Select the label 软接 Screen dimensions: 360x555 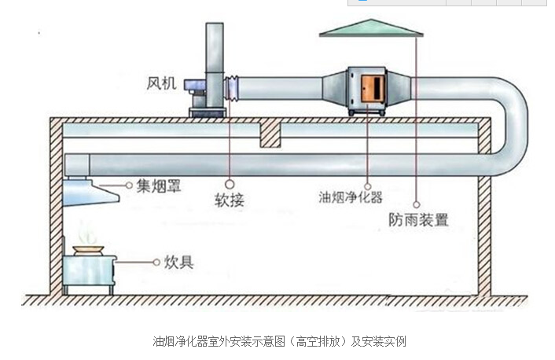tap(229, 200)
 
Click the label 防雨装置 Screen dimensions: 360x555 tap(418, 219)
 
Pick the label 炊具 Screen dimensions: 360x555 tap(178, 261)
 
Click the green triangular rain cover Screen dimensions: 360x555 tap(371, 28)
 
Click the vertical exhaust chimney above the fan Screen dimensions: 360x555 tap(214, 51)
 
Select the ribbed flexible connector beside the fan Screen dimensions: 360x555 tap(231, 88)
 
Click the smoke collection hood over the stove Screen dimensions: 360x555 tap(86, 191)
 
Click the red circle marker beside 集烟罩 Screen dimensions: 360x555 tap(127, 186)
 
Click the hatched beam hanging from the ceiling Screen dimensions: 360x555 tap(270, 134)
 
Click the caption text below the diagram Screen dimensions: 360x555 tap(278, 341)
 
